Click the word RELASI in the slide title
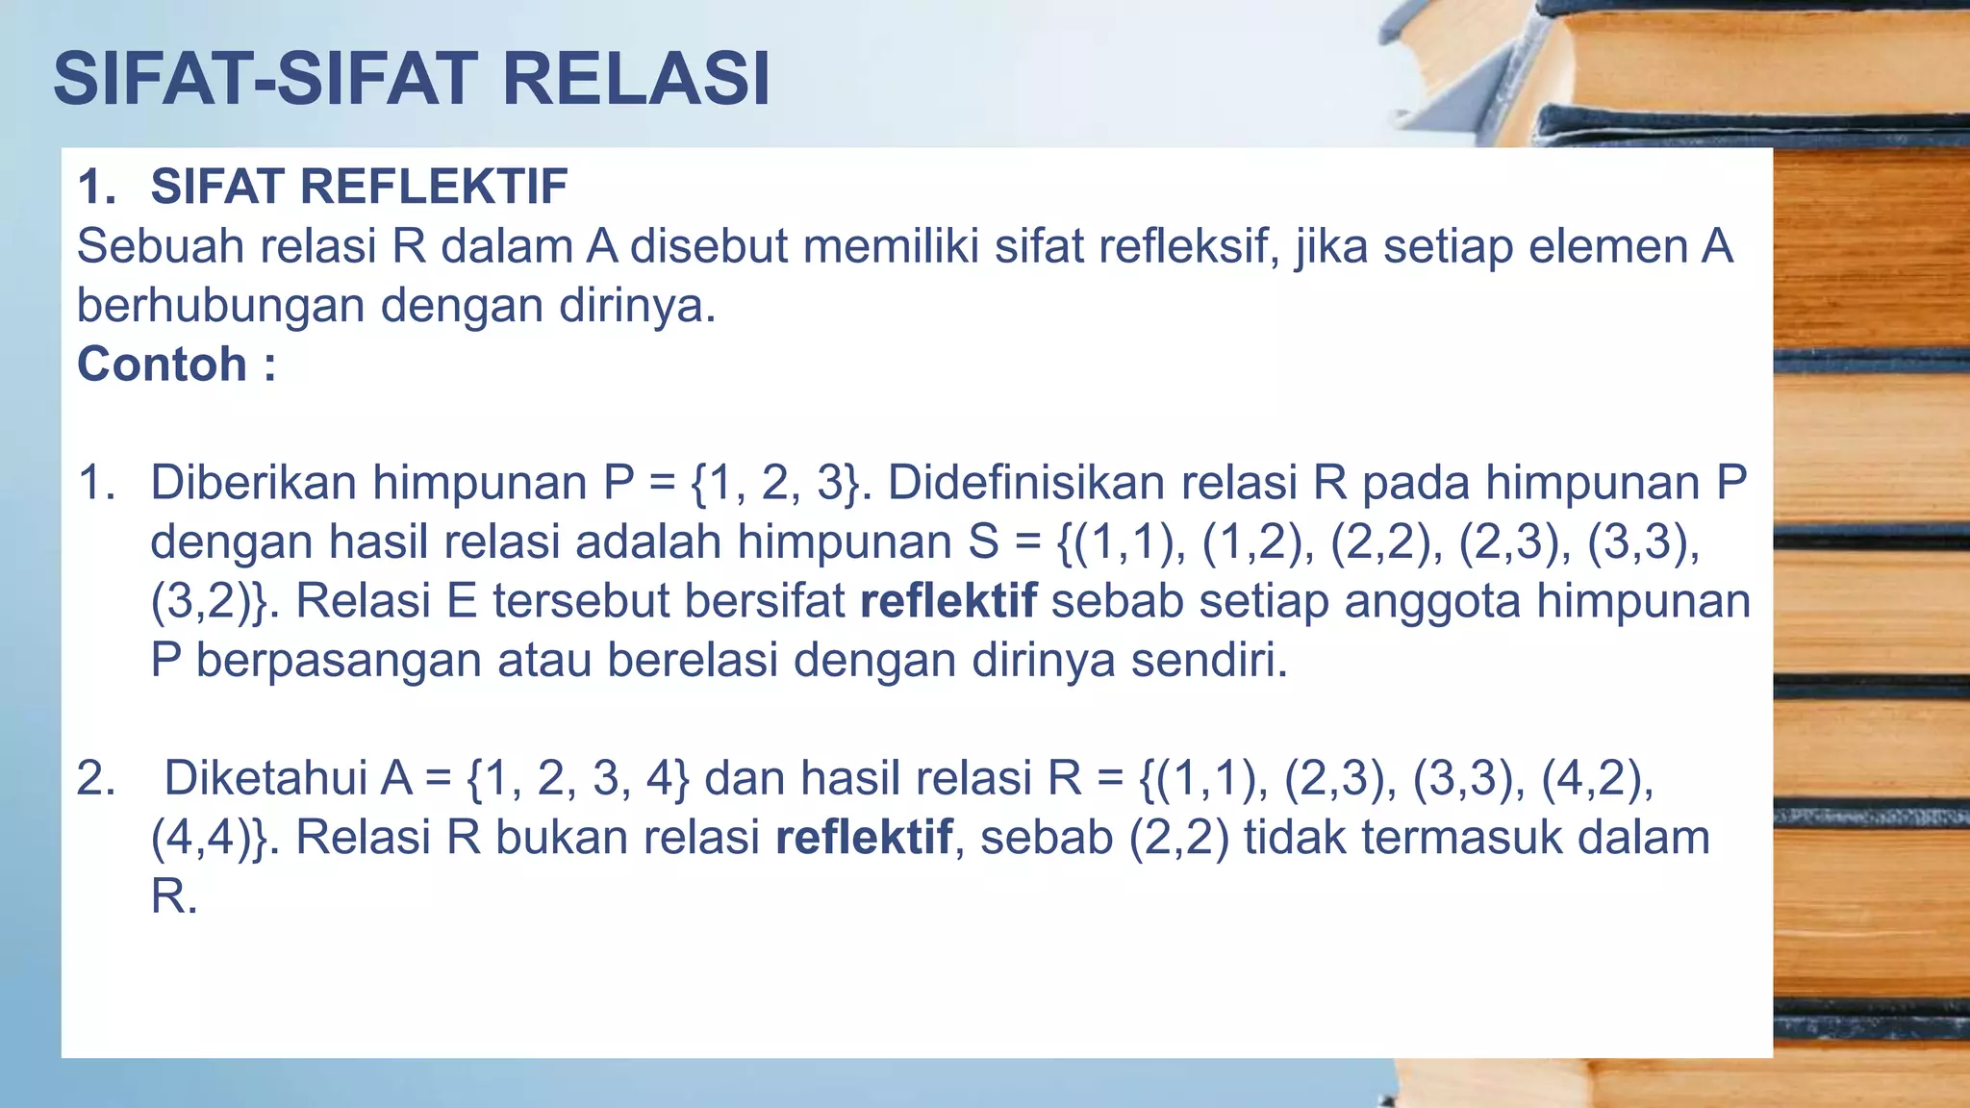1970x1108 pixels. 636,79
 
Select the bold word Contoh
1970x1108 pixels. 162,365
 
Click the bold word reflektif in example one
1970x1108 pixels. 948,601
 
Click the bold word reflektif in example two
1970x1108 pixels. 864,838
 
